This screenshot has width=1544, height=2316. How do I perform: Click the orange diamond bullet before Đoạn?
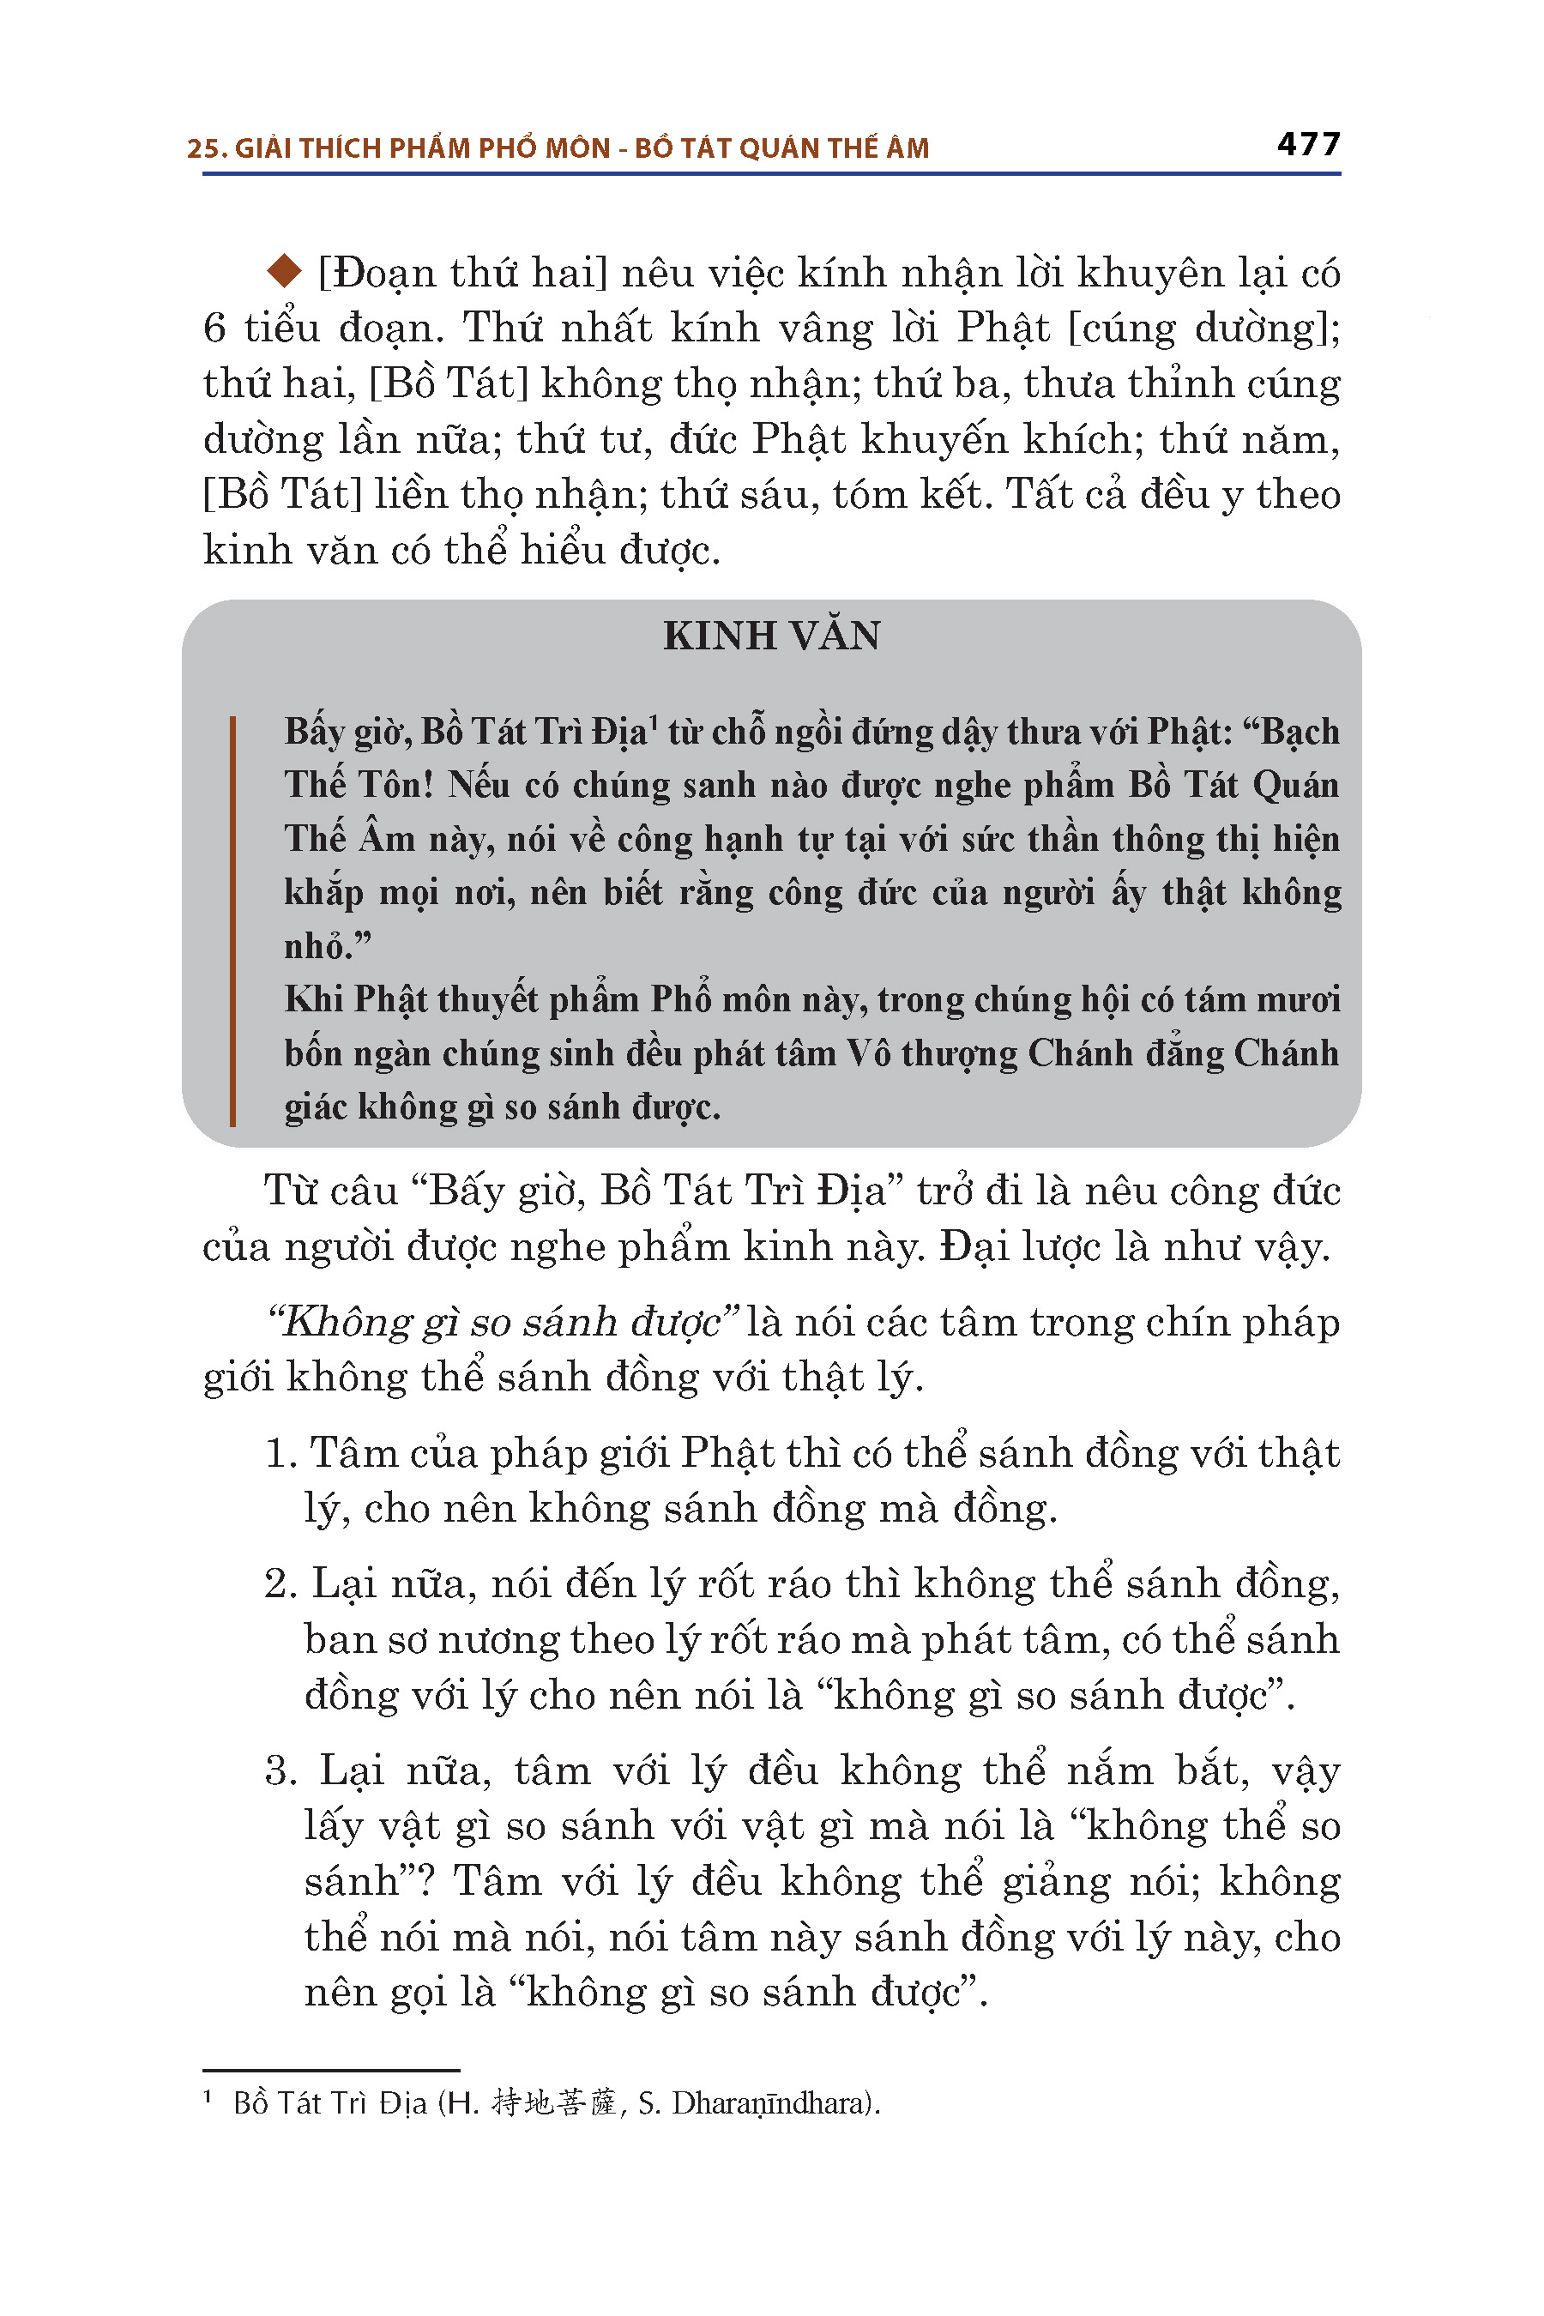tap(285, 271)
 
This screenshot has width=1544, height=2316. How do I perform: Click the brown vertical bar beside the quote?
tap(232, 920)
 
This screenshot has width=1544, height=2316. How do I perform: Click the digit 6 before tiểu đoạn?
tap(214, 328)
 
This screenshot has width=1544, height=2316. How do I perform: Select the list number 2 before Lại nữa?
tap(280, 1584)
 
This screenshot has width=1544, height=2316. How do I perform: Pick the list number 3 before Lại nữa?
tap(280, 1770)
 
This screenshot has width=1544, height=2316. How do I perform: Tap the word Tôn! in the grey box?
tap(395, 785)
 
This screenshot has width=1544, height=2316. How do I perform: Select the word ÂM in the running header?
tap(907, 148)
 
